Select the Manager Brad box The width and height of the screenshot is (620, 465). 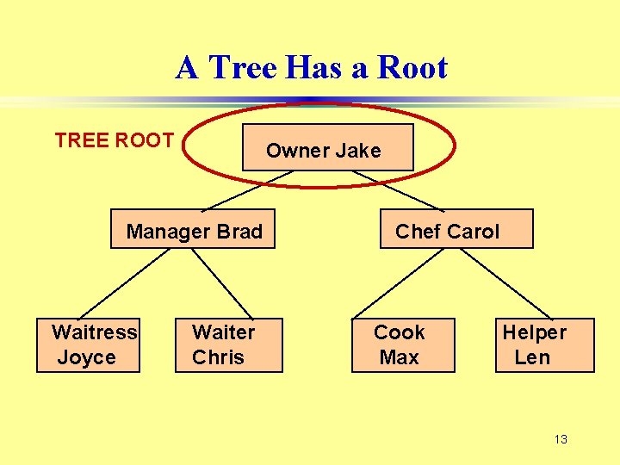click(193, 229)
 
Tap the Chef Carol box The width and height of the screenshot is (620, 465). click(456, 229)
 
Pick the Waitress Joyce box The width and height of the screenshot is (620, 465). click(88, 344)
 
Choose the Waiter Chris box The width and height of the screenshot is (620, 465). click(228, 344)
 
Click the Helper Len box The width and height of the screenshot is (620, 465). click(544, 344)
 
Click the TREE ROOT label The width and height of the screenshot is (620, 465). click(115, 140)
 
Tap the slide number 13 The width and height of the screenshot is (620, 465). click(561, 440)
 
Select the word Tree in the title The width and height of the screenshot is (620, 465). click(243, 67)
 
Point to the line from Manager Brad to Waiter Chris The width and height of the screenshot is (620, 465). click(221, 282)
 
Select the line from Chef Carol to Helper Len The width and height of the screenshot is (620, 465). click(517, 282)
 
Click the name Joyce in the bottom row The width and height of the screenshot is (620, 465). click(86, 357)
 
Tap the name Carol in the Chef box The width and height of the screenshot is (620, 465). click(473, 232)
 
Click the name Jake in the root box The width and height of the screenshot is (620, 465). click(357, 151)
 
